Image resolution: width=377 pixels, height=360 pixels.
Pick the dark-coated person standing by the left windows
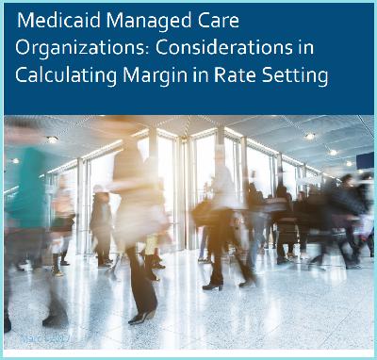click(x=100, y=221)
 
